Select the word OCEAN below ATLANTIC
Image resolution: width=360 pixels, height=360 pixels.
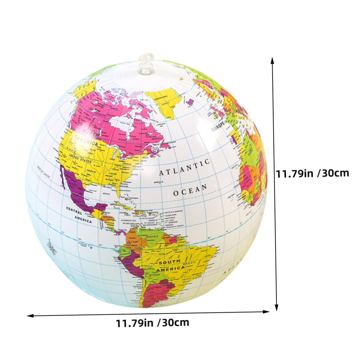(190, 190)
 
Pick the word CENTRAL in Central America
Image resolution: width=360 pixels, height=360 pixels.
(74, 209)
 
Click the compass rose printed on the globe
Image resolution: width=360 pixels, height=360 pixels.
(53, 249)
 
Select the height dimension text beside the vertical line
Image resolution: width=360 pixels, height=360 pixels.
(312, 173)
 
